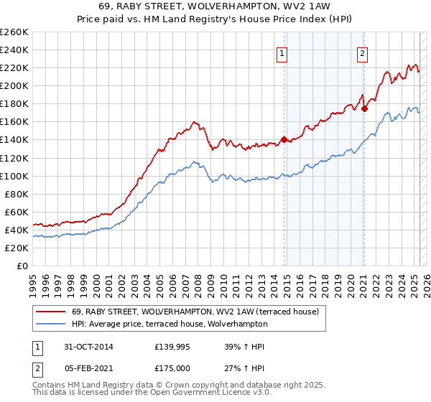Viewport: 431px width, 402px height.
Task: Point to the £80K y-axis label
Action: tap(17, 194)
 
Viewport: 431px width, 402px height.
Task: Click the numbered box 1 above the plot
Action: tap(282, 52)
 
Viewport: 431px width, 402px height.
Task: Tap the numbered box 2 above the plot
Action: tap(363, 52)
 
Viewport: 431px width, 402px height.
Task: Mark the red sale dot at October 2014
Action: tap(284, 139)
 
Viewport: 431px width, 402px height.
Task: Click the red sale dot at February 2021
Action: tap(364, 108)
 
